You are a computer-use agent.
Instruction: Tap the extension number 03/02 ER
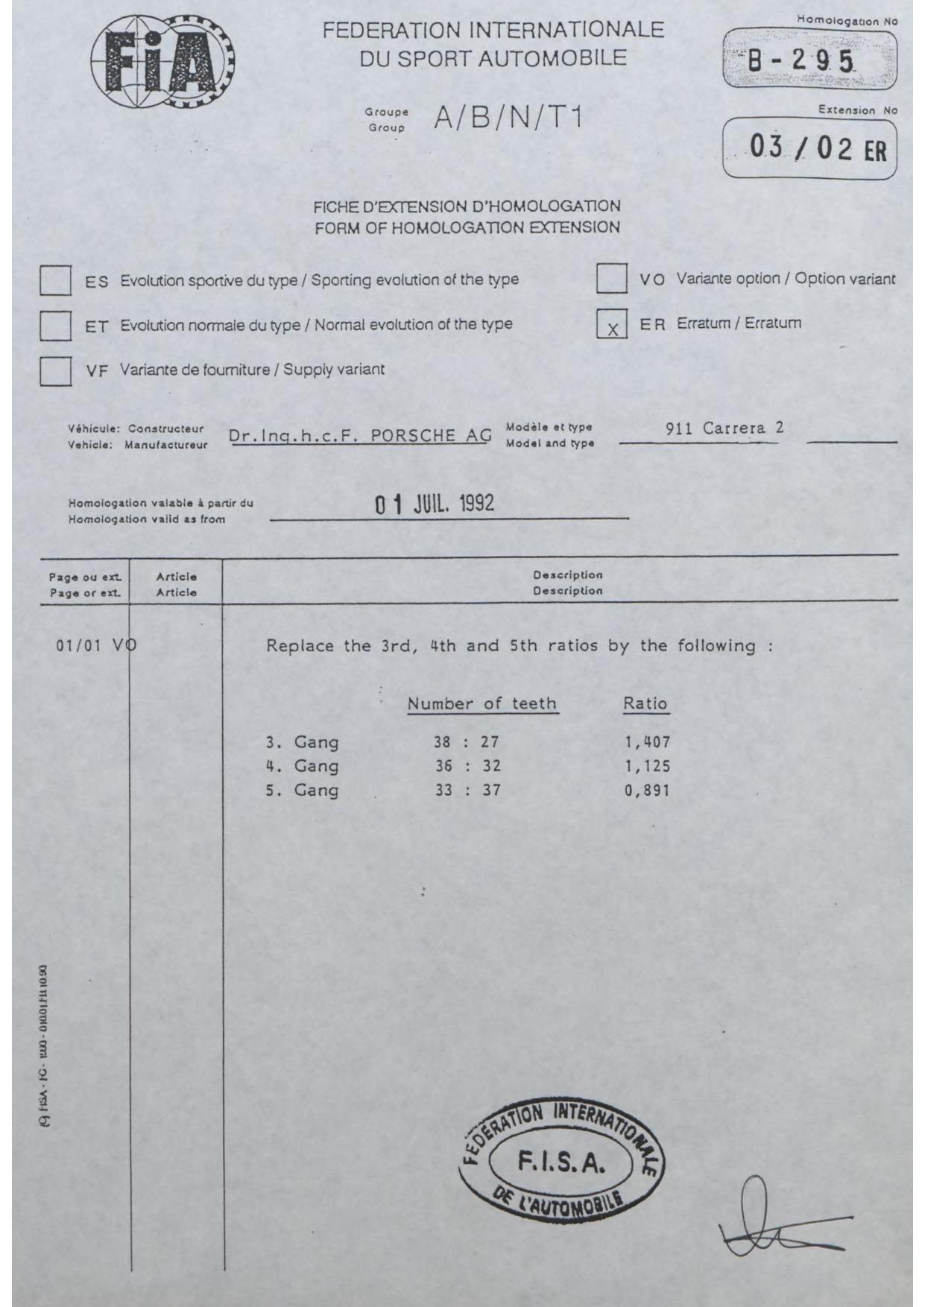(x=818, y=150)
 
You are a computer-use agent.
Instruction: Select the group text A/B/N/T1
(x=507, y=118)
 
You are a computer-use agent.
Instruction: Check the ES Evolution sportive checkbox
(x=55, y=282)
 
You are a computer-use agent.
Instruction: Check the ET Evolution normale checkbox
(x=55, y=326)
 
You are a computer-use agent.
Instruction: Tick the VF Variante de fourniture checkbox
(x=55, y=370)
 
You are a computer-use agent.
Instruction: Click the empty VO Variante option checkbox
(x=611, y=279)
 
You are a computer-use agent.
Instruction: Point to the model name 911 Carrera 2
(x=724, y=428)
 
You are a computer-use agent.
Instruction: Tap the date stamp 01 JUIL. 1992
(x=435, y=504)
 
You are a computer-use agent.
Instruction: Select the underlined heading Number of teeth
(x=482, y=703)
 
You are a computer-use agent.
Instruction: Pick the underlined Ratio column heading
(x=645, y=703)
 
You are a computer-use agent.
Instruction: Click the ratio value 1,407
(x=647, y=742)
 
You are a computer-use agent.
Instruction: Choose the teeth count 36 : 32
(x=468, y=766)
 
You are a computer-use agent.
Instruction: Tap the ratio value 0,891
(x=647, y=790)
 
